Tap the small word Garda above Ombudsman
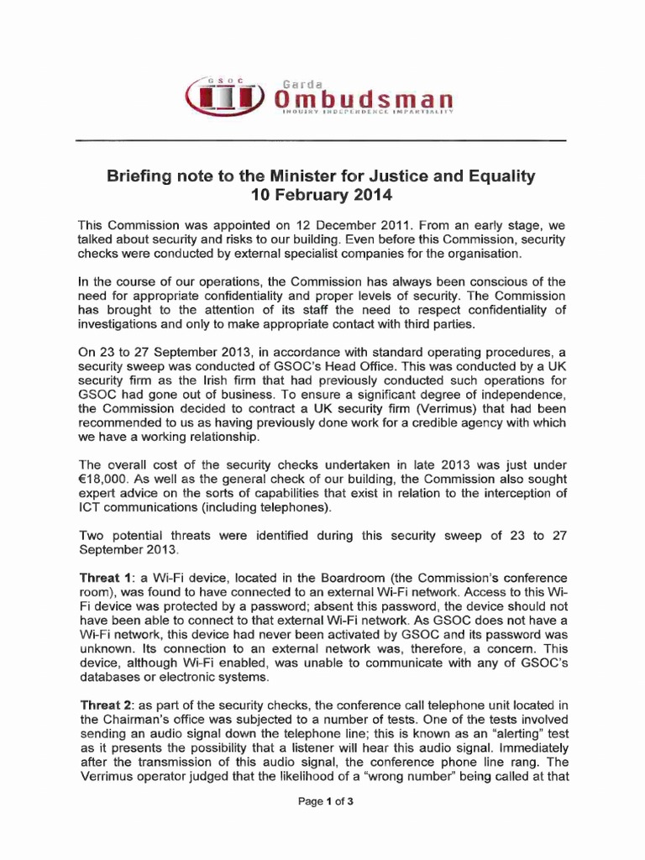pyautogui.click(x=302, y=84)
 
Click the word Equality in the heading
pyautogui.click(x=498, y=177)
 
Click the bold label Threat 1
pyautogui.click(x=104, y=579)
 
